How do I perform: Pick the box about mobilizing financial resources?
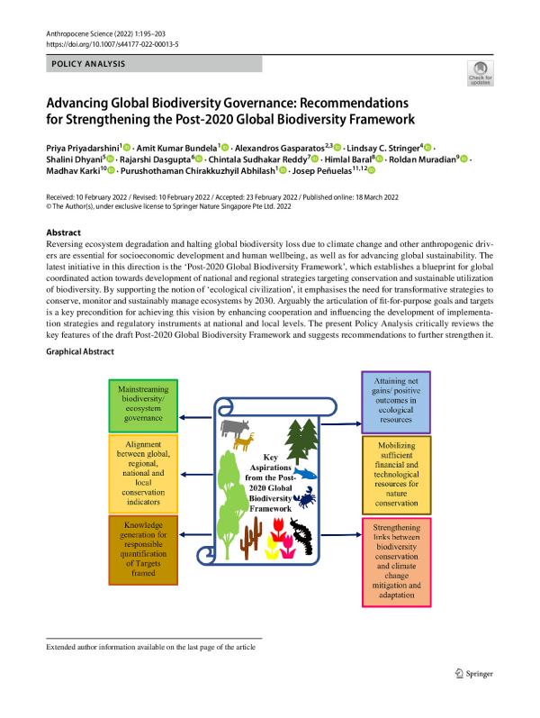click(399, 476)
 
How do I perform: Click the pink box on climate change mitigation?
click(399, 559)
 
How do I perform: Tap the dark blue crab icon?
click(308, 497)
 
